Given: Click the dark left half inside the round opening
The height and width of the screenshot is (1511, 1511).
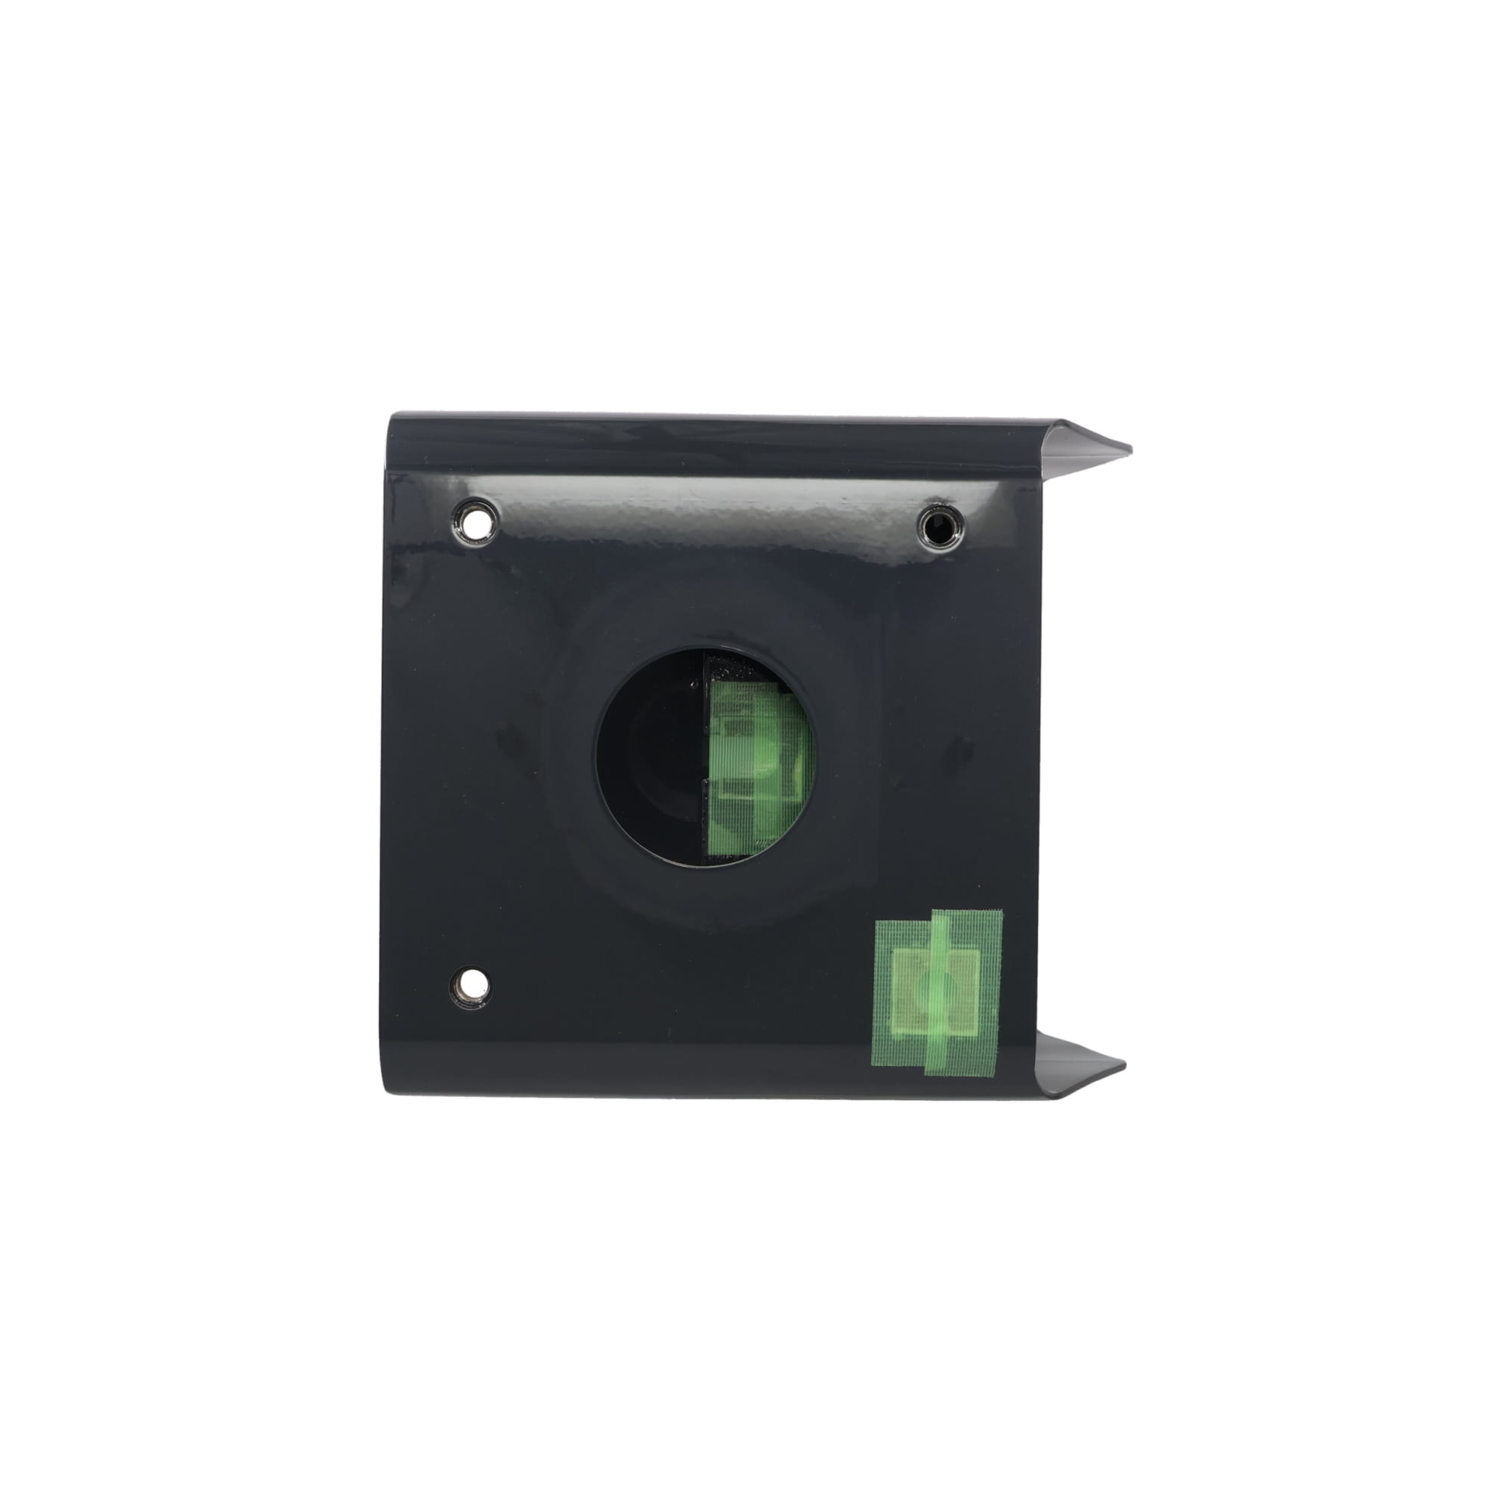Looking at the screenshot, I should tap(649, 755).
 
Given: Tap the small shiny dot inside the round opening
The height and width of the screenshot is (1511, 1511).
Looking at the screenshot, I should tap(694, 683).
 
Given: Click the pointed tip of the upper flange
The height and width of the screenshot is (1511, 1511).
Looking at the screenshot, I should tap(1129, 450).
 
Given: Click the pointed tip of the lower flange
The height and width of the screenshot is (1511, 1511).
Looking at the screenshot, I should tap(1123, 1066).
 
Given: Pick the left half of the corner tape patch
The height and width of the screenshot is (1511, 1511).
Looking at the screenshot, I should tap(899, 993).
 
